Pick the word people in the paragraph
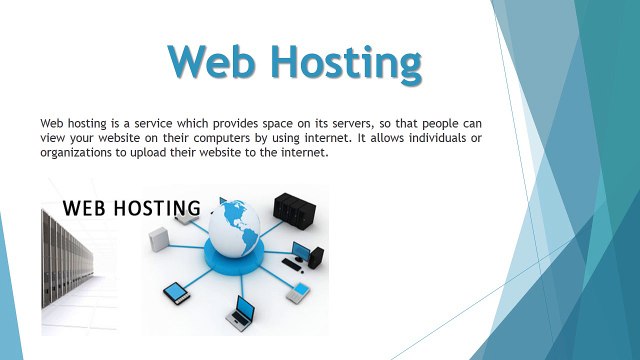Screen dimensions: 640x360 pyautogui.click(x=446, y=121)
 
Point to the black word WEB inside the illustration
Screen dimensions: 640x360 pyautogui.click(x=84, y=209)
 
